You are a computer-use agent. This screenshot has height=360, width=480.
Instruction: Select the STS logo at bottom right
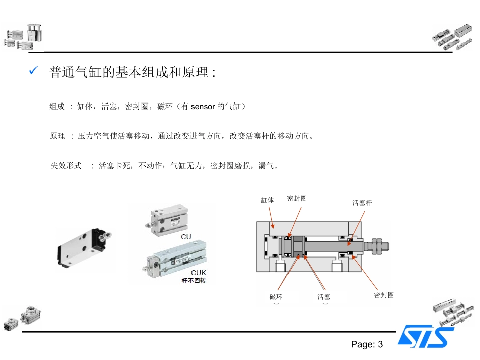click(425, 337)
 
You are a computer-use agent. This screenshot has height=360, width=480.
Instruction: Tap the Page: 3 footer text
click(367, 345)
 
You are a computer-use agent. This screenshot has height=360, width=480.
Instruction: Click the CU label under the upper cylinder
click(186, 236)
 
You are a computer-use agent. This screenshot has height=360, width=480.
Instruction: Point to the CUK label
click(198, 273)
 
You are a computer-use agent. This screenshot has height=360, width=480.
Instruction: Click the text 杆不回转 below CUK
click(194, 280)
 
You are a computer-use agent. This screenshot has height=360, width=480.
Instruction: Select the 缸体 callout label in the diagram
click(267, 200)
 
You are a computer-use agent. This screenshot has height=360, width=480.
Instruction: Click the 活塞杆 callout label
click(362, 203)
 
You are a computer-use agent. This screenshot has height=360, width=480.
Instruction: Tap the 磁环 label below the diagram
click(276, 297)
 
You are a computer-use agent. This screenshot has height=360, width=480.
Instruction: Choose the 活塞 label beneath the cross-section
click(324, 297)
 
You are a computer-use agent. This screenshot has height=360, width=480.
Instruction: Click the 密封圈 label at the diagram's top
click(297, 199)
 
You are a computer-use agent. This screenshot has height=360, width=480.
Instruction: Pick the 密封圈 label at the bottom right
click(383, 295)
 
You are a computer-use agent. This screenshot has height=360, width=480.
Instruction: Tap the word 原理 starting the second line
click(57, 136)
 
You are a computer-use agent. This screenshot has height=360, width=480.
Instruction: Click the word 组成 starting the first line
click(57, 107)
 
